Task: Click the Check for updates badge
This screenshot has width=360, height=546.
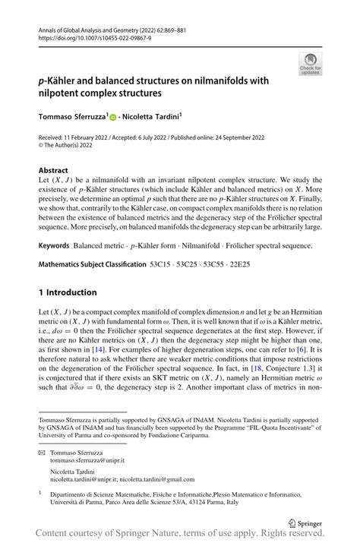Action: [x=310, y=64]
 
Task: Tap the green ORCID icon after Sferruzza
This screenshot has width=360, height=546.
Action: [x=113, y=117]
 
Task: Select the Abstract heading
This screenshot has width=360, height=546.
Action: [x=53, y=171]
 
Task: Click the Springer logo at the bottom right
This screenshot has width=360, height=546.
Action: [x=305, y=522]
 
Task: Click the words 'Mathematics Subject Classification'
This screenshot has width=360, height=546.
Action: [x=92, y=264]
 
